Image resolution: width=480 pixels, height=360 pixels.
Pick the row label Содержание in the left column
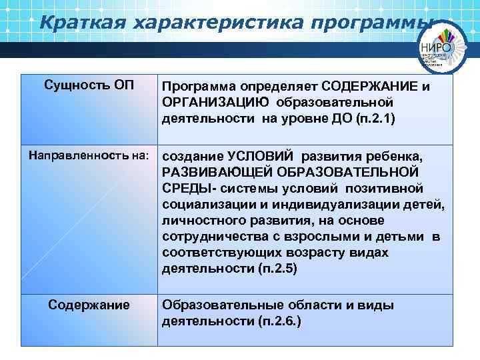pyautogui.click(x=89, y=305)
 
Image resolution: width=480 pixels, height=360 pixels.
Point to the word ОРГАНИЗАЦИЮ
pyautogui.click(x=215, y=103)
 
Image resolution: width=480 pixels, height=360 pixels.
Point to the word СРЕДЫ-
pyautogui.click(x=184, y=189)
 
